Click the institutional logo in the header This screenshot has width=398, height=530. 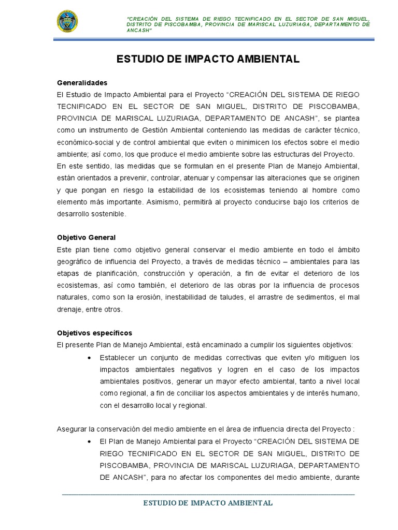coord(68,23)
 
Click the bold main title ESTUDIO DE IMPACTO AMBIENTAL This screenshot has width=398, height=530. coord(207,60)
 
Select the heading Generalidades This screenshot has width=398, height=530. coord(82,83)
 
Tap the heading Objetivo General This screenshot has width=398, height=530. coord(86,238)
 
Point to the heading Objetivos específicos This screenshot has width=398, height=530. coord(94,333)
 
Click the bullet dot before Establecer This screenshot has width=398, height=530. coord(90,358)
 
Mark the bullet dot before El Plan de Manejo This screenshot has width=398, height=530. coord(90,441)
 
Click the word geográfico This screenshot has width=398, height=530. coord(74,261)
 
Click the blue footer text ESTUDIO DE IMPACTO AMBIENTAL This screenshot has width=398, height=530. coord(208,503)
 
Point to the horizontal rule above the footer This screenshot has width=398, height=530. coord(208,495)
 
